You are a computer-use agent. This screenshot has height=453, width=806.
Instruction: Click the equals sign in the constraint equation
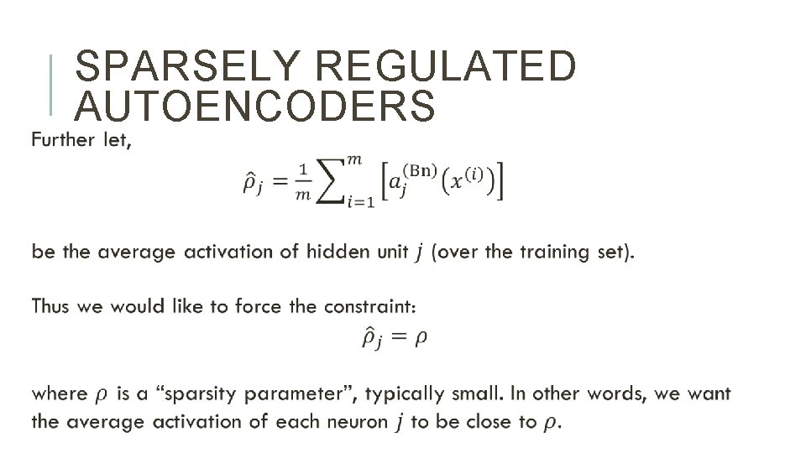[397, 337]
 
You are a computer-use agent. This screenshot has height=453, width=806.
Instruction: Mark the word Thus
[51, 306]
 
